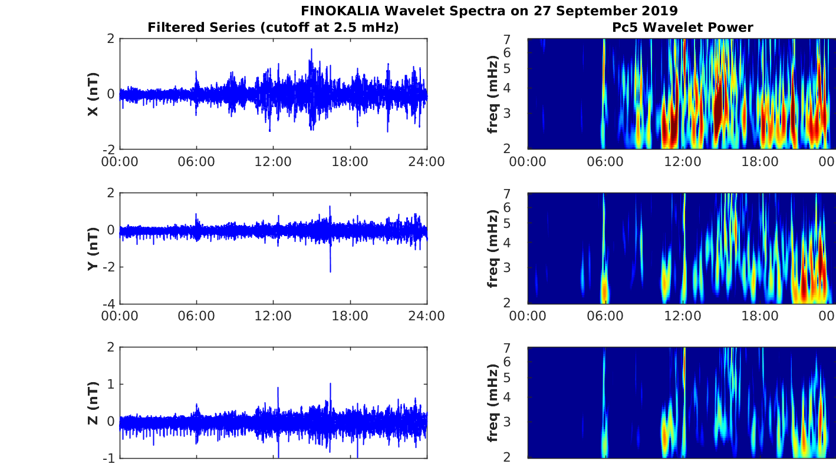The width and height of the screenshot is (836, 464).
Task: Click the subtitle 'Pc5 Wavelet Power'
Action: pyautogui.click(x=682, y=27)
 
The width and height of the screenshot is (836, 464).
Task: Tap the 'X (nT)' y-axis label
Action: pyautogui.click(x=93, y=94)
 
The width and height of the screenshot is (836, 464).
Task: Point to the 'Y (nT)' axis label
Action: pyautogui.click(x=93, y=248)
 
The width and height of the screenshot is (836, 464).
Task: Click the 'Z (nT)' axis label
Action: pyautogui.click(x=93, y=403)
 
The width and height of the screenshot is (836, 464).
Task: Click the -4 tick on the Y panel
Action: pyautogui.click(x=108, y=304)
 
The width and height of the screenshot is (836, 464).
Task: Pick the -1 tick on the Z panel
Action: pyautogui.click(x=108, y=458)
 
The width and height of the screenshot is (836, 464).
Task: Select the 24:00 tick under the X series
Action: pyautogui.click(x=427, y=161)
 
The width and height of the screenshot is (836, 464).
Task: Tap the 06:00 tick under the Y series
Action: pyautogui.click(x=196, y=316)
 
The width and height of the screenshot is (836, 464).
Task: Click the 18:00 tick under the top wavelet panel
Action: pyautogui.click(x=760, y=161)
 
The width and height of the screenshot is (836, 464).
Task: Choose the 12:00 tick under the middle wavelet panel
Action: pyautogui.click(x=683, y=316)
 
